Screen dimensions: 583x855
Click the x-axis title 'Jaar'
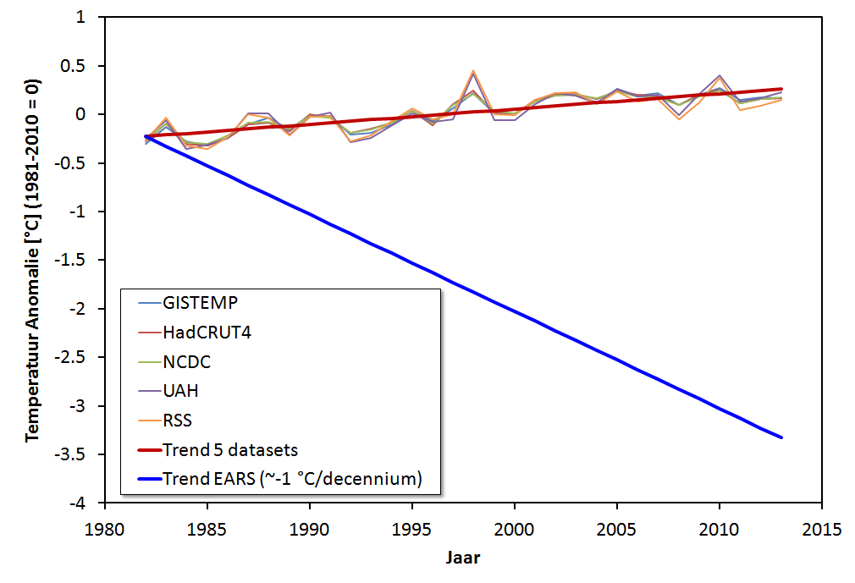pyautogui.click(x=463, y=558)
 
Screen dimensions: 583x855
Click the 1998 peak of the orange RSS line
pyautogui.click(x=473, y=71)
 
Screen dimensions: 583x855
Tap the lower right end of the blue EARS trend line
pyautogui.click(x=781, y=437)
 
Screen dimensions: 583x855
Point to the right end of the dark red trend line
pyautogui.click(x=781, y=89)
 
